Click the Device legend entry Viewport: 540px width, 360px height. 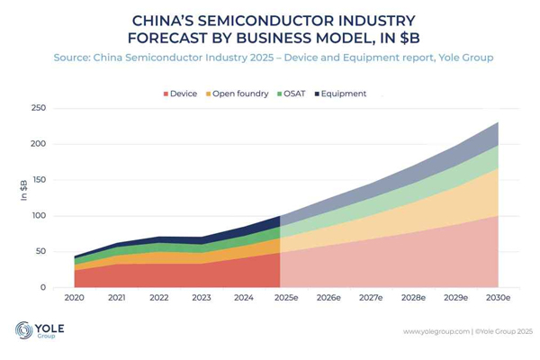click(184, 94)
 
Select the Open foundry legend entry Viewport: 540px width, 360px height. click(241, 94)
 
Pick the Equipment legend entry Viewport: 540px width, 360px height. click(344, 94)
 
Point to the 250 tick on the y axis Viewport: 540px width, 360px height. click(38, 108)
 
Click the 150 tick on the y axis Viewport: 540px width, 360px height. click(38, 180)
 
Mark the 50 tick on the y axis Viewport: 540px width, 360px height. click(40, 252)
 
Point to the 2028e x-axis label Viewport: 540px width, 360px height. click(413, 297)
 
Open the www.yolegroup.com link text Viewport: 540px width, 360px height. click(436, 331)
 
